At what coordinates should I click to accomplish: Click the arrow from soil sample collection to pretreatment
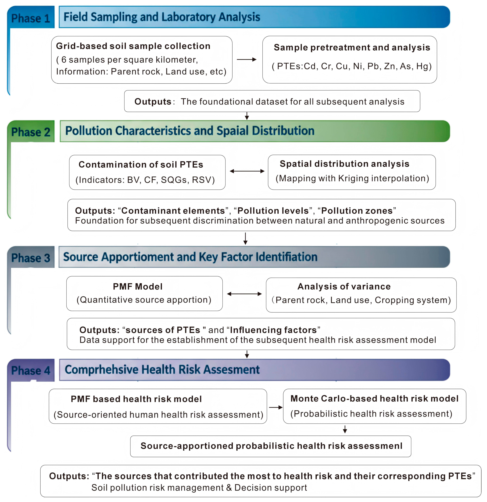click(x=247, y=59)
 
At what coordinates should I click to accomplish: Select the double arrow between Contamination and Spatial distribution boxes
click(x=247, y=171)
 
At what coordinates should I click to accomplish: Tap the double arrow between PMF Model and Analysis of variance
click(x=244, y=294)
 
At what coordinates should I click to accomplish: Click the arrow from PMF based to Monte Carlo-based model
click(x=275, y=407)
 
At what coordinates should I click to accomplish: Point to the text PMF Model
click(x=138, y=286)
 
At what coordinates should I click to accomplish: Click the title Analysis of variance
click(x=344, y=286)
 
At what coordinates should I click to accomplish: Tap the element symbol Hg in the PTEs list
click(x=424, y=66)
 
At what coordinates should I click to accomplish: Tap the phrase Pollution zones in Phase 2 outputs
click(x=357, y=211)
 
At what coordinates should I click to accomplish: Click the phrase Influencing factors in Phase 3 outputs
click(x=273, y=330)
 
